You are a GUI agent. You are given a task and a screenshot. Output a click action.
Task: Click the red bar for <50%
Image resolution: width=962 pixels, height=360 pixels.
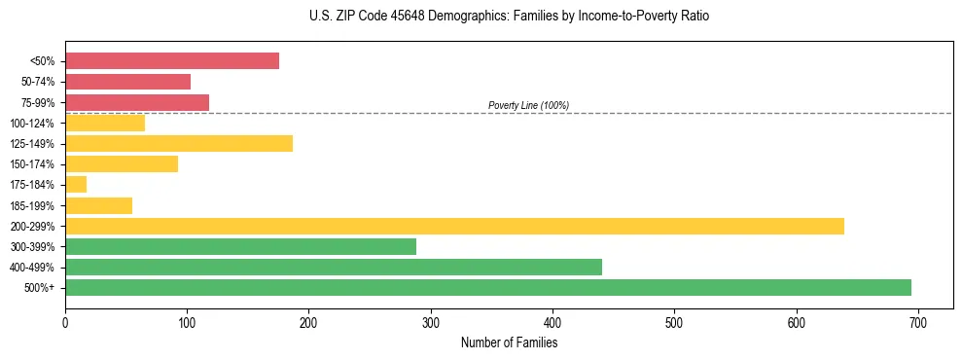(x=172, y=60)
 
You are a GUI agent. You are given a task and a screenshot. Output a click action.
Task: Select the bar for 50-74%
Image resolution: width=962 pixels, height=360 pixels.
(x=127, y=82)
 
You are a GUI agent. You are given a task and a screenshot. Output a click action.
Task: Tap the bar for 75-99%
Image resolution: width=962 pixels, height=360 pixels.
(x=137, y=102)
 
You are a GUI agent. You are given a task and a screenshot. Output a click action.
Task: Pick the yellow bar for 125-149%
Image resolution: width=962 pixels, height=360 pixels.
(x=179, y=143)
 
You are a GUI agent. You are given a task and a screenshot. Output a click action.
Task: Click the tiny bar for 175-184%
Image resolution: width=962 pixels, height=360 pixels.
(x=76, y=185)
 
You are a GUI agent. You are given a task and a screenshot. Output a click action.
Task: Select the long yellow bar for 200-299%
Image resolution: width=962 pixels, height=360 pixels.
(x=454, y=226)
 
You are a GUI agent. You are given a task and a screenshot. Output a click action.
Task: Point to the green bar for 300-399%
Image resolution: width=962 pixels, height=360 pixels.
(x=240, y=246)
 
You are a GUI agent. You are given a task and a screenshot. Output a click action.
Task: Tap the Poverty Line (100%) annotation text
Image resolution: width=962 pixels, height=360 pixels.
(x=528, y=105)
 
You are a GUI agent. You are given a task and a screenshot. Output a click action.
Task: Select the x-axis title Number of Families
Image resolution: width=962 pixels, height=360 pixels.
(x=509, y=342)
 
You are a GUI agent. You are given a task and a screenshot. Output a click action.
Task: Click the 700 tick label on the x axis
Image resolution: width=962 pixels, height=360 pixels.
(x=918, y=321)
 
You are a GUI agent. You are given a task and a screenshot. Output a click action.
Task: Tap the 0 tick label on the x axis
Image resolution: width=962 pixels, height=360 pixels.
(x=65, y=321)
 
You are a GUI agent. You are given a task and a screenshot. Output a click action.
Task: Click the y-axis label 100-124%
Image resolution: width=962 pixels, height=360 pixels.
(x=32, y=124)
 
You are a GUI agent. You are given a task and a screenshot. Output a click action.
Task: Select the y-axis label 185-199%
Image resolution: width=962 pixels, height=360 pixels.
(x=32, y=205)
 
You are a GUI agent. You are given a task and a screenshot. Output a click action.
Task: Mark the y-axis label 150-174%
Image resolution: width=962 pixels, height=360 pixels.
(x=32, y=164)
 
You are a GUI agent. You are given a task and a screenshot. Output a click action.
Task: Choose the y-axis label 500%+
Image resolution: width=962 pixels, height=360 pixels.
(x=38, y=288)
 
